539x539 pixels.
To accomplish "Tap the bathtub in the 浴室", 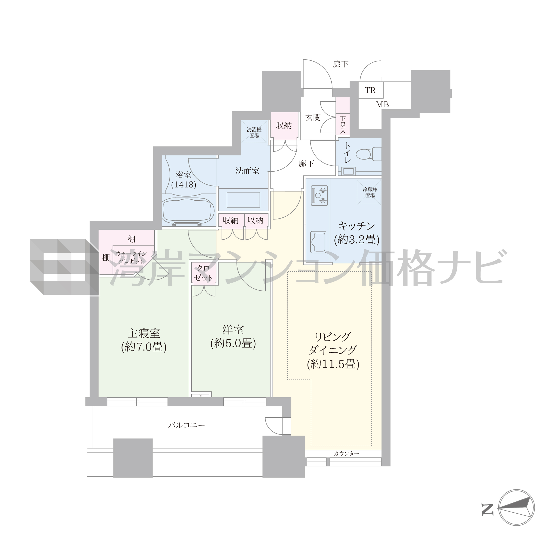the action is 188,211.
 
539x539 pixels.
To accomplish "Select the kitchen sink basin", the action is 318,242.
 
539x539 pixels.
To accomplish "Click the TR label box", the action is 370,90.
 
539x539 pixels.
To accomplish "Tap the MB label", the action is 382,105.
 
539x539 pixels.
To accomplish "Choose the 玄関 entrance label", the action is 313,118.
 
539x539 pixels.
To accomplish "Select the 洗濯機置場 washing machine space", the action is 254,132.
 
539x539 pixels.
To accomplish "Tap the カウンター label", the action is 346,454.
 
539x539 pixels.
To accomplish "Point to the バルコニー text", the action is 186,425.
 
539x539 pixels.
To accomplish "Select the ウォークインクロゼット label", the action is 131,257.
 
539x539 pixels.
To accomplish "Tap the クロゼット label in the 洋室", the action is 203,273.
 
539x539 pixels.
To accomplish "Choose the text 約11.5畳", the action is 333,364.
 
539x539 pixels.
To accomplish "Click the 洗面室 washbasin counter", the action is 243,200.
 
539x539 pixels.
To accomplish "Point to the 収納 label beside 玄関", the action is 284,126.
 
